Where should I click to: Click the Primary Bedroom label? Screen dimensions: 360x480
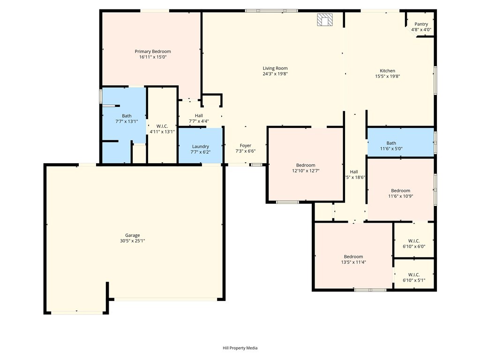pos(153,52)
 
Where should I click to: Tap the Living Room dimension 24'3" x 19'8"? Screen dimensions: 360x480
pos(275,74)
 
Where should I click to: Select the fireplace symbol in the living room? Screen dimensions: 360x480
pos(324,20)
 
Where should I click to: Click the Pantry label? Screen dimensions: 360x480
pos(421,24)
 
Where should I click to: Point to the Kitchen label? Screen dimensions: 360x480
pos(387,71)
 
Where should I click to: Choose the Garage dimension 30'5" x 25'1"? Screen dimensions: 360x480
pos(132,241)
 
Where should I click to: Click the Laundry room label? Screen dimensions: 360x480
pos(200,146)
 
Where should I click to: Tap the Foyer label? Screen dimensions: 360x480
pos(246,146)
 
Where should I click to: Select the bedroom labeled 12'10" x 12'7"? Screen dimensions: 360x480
pos(306,168)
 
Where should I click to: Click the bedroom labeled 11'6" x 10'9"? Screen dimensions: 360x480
pos(400,194)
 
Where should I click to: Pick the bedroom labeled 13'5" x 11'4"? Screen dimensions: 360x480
pos(353,259)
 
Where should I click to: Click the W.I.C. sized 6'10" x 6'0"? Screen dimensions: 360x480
pos(414,243)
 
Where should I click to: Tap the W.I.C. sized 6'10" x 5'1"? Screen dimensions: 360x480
pos(414,277)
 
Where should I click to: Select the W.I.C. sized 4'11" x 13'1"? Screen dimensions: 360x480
pos(162,129)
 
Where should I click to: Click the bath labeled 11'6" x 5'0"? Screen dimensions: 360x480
pos(391,146)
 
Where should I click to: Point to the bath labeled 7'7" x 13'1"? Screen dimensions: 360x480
pos(127,119)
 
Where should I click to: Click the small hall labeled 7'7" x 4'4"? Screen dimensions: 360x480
pos(199,118)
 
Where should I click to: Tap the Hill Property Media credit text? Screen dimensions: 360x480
pos(240,348)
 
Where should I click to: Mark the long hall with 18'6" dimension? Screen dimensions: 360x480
pos(354,174)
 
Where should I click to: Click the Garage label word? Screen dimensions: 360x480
pos(132,235)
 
